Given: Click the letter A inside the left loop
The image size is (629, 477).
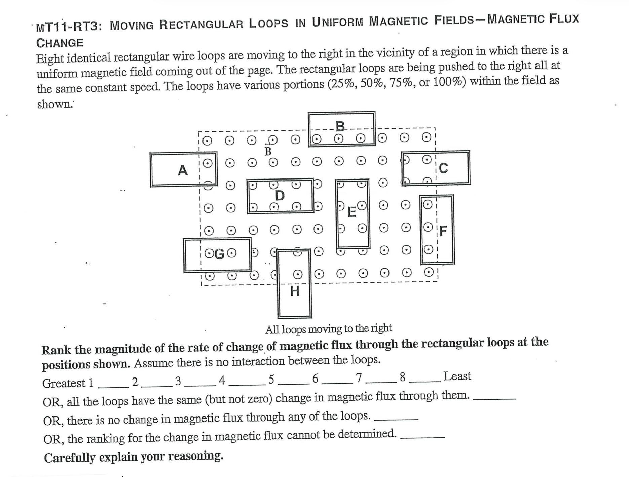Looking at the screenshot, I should pyautogui.click(x=183, y=170).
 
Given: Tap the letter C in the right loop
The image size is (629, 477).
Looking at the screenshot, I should pyautogui.click(x=444, y=168).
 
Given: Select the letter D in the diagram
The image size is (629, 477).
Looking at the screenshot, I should pyautogui.click(x=280, y=195).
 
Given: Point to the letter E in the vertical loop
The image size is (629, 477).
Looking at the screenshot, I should pyautogui.click(x=351, y=212).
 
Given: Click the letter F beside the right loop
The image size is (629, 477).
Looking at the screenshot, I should pyautogui.click(x=443, y=231).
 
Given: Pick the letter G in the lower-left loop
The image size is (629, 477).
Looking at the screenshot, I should pyautogui.click(x=219, y=254).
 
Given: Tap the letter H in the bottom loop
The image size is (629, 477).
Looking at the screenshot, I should pyautogui.click(x=295, y=291).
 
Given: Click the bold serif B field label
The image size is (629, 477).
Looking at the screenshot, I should pyautogui.click(x=268, y=152).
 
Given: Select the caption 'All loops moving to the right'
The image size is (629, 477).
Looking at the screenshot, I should pyautogui.click(x=328, y=328).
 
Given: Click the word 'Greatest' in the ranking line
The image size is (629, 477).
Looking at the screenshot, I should pyautogui.click(x=64, y=383).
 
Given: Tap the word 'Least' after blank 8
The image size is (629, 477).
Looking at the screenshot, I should pyautogui.click(x=457, y=376).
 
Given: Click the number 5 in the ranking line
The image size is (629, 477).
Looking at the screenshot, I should pyautogui.click(x=271, y=380).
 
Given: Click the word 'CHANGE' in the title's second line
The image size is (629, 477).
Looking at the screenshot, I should pyautogui.click(x=60, y=43).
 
